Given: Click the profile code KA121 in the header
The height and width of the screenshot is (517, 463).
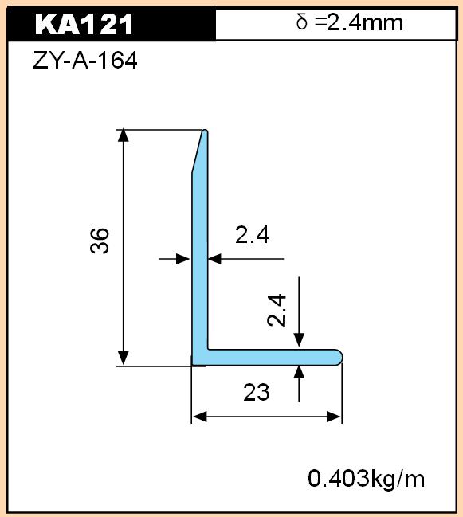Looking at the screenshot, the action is point(84,24).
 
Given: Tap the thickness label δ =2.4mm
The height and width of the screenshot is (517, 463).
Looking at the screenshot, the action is point(350,22).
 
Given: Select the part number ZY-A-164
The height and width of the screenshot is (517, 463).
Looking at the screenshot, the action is point(85,60).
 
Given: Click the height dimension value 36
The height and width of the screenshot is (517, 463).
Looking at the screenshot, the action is point(99,241).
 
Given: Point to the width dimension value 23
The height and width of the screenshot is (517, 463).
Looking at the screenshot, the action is point(257,392).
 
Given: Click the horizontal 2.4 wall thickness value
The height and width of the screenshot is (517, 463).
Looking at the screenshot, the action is point(252,235).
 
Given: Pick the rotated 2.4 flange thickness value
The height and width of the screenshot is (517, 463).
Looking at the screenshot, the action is point(277,310).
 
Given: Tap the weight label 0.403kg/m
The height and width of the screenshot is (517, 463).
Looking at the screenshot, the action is point(366,479).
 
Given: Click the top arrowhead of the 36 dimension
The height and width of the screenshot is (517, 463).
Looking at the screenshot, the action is point(123,135).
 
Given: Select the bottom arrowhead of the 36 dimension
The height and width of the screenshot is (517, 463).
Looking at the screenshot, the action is point(123,358).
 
